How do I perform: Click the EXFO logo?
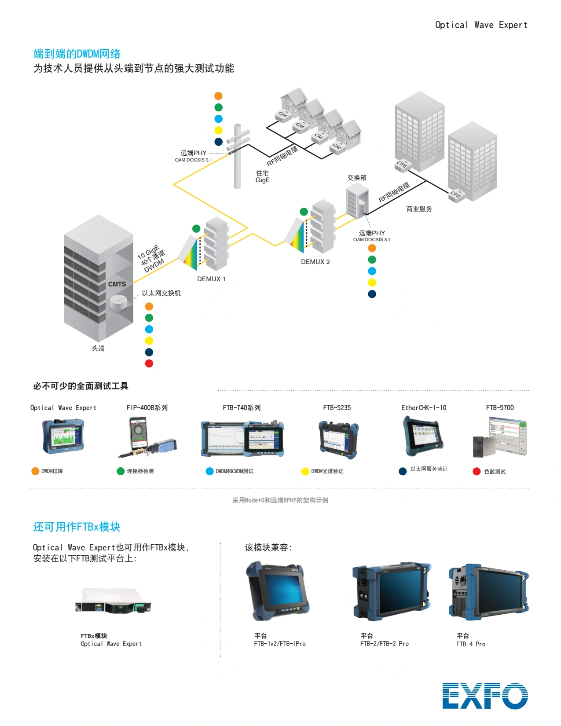point(485,696)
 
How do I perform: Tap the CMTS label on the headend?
point(117,284)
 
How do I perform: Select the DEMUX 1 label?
point(211,279)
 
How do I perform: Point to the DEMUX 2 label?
point(315,262)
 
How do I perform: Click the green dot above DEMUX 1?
point(196,228)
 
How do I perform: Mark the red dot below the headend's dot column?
point(149,363)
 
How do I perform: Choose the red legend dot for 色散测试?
point(477,471)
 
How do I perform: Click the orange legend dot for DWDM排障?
point(35,471)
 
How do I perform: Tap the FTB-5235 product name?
point(337,407)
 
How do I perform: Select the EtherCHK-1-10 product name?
point(424,407)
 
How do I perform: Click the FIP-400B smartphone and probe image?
point(147,436)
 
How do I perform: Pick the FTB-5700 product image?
point(499,437)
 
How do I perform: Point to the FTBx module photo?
point(113,601)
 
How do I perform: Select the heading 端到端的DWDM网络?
point(77,54)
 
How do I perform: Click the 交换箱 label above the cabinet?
point(356,178)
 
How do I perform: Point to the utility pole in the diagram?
point(238,156)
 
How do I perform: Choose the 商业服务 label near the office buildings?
point(419,209)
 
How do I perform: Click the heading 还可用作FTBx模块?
point(77,527)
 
